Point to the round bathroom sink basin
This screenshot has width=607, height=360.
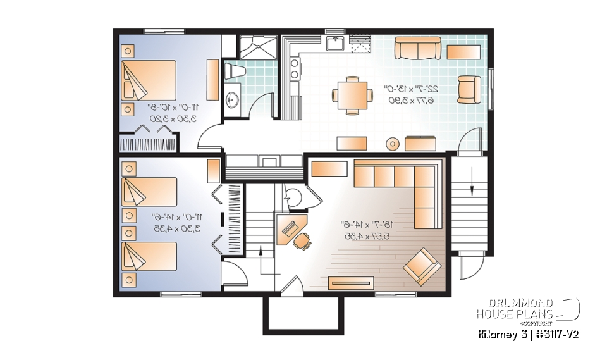click(233, 99)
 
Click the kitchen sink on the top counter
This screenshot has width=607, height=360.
click(334, 44)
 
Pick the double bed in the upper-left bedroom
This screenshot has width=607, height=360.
click(149, 80)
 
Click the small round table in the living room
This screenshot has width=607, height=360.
click(393, 144)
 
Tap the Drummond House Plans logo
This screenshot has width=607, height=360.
click(528, 309)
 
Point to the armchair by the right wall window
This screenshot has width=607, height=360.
click(469, 89)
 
